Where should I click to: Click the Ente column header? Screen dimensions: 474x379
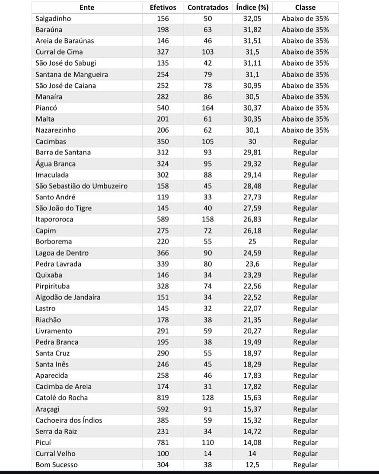tap(87, 7)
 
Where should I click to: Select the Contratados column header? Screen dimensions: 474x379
tap(208, 7)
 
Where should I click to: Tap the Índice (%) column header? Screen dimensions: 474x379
tap(252, 7)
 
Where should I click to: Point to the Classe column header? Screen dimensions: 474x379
tap(305, 7)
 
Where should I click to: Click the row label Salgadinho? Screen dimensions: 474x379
tap(53, 19)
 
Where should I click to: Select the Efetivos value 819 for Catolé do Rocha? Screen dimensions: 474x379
tap(163, 397)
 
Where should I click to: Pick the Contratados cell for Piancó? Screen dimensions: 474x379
tap(208, 108)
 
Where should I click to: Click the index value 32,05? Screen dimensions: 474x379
tap(252, 19)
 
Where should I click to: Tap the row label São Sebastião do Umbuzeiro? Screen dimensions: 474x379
tap(81, 186)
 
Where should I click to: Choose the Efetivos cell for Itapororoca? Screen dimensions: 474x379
tap(163, 219)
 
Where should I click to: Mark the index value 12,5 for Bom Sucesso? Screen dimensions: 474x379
tap(252, 465)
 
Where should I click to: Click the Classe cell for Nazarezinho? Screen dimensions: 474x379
tap(305, 130)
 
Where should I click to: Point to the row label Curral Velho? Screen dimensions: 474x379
tap(55, 454)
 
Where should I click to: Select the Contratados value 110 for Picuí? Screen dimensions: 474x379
tap(208, 442)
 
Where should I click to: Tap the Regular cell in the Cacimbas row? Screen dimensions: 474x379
tap(305, 141)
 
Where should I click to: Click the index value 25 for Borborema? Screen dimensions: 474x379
tap(252, 242)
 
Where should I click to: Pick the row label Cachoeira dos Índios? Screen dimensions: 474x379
tap(69, 420)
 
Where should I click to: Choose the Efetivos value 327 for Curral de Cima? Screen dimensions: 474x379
tap(163, 52)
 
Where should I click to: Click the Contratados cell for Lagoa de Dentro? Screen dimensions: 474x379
tap(208, 253)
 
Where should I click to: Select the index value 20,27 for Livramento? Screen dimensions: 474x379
tap(252, 331)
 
